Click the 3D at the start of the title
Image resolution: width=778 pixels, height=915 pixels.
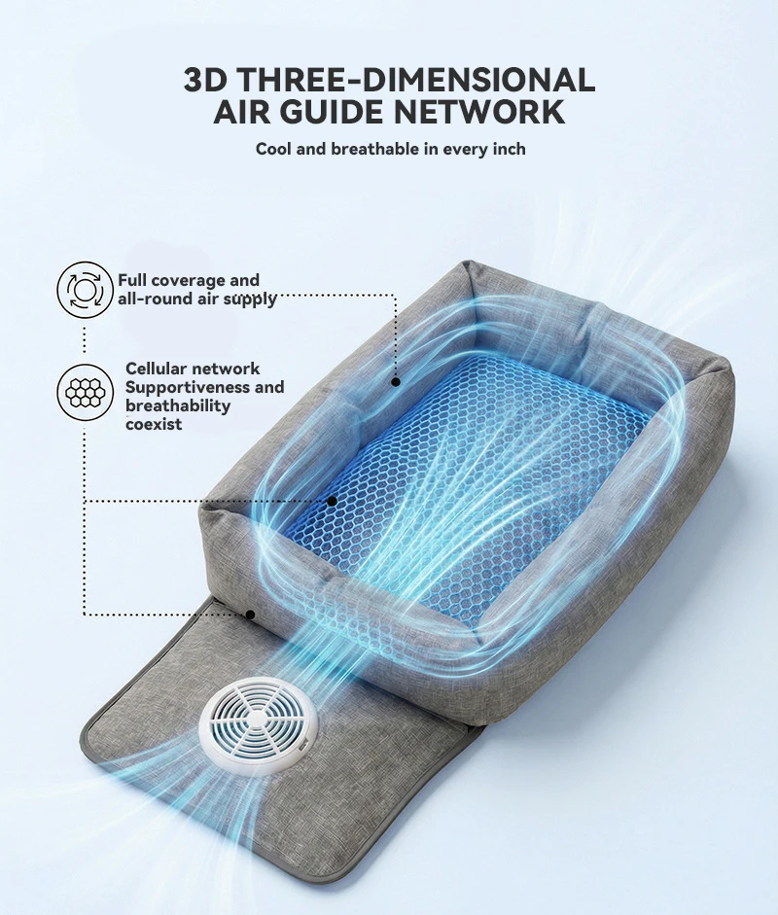(x=205, y=80)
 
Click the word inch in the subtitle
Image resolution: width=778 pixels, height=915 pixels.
(x=508, y=150)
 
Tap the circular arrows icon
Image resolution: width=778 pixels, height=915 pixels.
(x=85, y=290)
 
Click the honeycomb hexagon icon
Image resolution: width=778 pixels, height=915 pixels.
(x=86, y=392)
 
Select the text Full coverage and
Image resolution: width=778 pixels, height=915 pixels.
(x=189, y=280)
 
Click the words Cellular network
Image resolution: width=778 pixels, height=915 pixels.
(x=193, y=369)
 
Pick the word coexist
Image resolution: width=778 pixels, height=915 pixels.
(x=154, y=424)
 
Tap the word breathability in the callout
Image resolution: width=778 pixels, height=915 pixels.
(x=178, y=406)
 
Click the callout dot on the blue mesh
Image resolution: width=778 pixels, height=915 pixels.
(x=332, y=501)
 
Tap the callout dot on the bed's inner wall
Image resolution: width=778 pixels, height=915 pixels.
(x=396, y=382)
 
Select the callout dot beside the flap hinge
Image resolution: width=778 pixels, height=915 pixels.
(x=250, y=614)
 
